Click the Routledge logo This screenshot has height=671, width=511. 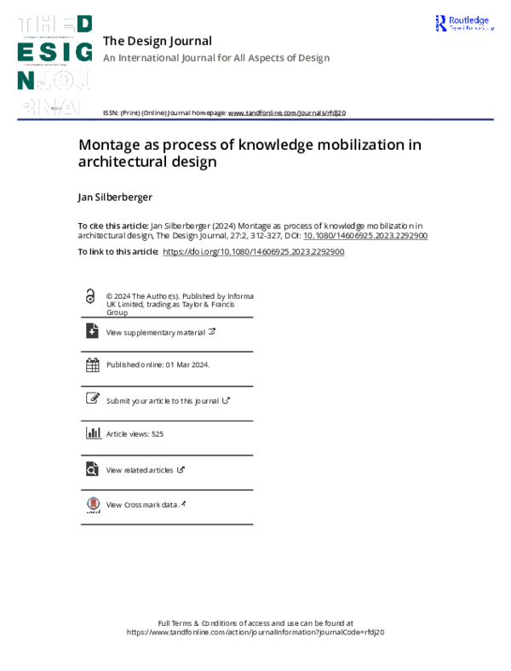coord(463,24)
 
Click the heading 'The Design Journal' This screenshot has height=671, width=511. coord(157,41)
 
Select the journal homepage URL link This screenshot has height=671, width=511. coord(287,112)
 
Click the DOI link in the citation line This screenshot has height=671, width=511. coord(365,236)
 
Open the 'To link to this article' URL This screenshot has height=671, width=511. coord(253,252)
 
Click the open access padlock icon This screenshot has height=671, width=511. coord(91,296)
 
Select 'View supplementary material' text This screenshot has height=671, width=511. coord(154,332)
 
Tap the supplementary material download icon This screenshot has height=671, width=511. coord(92,331)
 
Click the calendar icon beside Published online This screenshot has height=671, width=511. coord(92,364)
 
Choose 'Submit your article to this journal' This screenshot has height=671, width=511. coord(162,400)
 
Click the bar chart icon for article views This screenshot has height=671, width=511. coord(92,433)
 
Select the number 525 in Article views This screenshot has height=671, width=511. coord(157,434)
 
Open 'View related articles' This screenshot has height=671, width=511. coord(140,470)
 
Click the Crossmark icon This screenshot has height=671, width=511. coord(92,505)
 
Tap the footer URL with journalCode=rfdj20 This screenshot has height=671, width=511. coord(255,633)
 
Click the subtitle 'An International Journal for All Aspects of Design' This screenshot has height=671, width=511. coord(215,58)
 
